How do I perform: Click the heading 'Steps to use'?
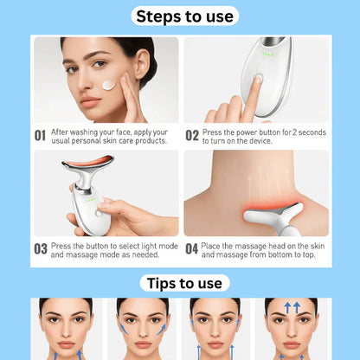point(180,16)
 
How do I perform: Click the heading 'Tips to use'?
point(180,283)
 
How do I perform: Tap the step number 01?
point(40,135)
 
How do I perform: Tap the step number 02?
point(192,135)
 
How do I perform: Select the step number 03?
point(40,249)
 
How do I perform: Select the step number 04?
point(192,249)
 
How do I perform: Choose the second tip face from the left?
point(142,329)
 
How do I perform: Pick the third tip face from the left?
point(215,329)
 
